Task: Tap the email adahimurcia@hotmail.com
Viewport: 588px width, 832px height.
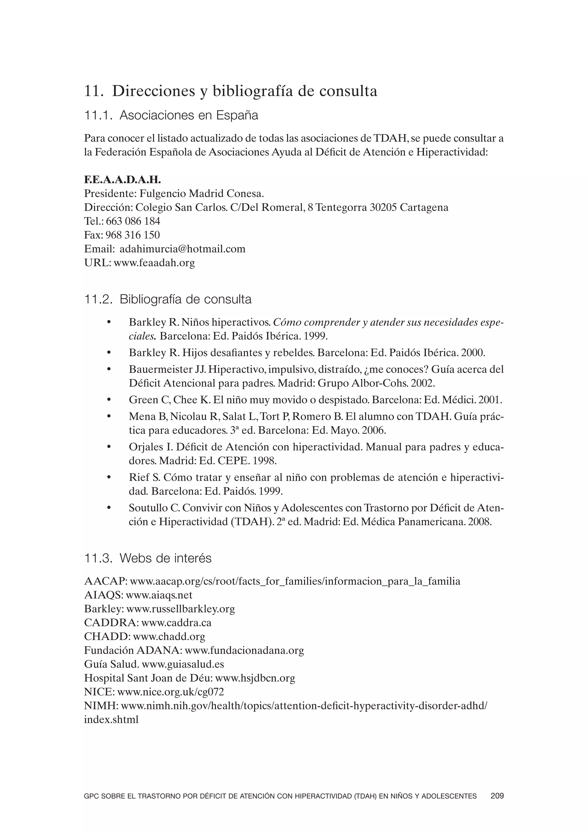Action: (183, 249)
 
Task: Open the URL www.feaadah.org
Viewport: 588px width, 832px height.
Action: (154, 263)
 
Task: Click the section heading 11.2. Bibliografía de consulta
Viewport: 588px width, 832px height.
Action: (168, 299)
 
